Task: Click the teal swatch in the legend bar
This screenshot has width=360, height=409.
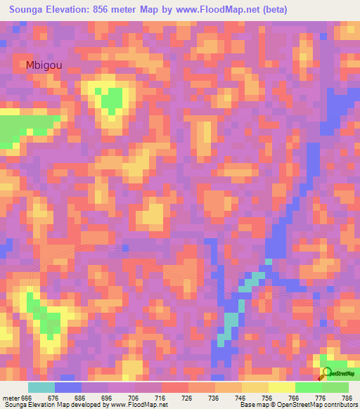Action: tap(41, 388)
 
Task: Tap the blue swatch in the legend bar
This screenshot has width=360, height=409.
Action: tap(67, 388)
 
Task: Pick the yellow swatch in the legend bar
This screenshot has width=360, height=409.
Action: tap(281, 388)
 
